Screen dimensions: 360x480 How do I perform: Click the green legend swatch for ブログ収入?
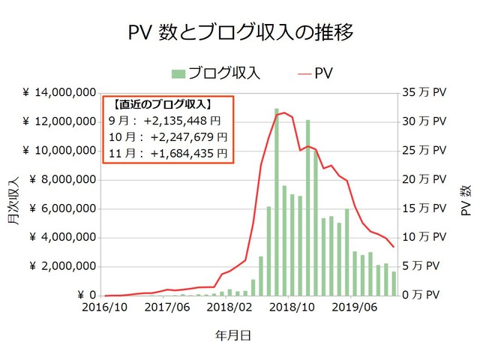pos(178,73)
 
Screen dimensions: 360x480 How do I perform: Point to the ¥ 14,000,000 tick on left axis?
pos(58,93)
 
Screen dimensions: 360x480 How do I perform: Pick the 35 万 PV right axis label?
pos(424,93)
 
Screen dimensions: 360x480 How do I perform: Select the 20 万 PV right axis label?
pos(424,180)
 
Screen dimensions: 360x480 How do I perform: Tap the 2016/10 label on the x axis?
pos(104,308)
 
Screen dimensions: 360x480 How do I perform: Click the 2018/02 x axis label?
pos(229,308)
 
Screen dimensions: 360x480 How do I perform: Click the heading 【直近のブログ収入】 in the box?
pos(161,105)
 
